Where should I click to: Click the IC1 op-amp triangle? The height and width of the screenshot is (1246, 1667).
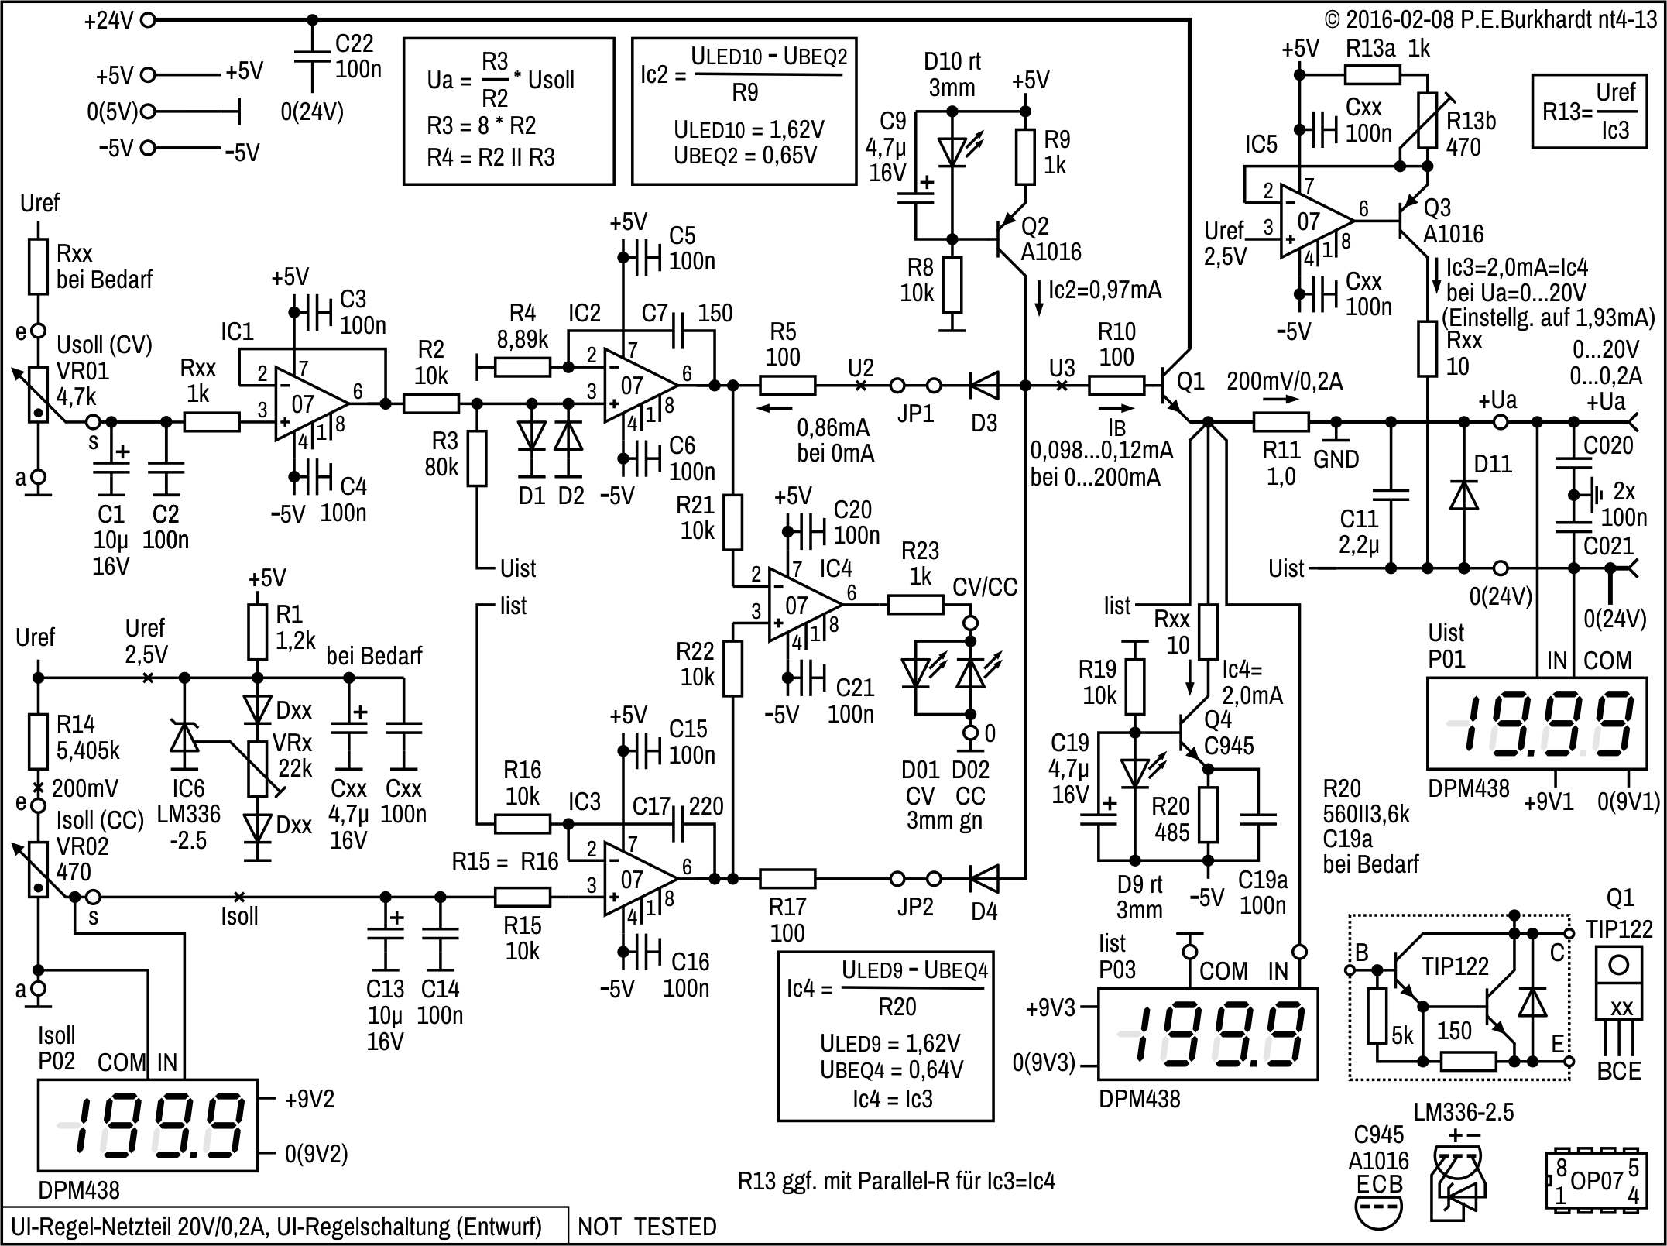(310, 403)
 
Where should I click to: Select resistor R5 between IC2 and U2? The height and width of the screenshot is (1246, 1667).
(787, 385)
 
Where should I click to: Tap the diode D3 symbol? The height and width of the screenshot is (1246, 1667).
(984, 385)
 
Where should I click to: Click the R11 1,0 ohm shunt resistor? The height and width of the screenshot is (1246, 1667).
(1281, 422)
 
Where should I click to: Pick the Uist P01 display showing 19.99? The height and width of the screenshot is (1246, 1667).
(1538, 723)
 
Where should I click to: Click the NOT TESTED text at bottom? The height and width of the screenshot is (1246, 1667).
(647, 1227)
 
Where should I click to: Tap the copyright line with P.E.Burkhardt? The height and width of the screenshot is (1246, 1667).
(1490, 19)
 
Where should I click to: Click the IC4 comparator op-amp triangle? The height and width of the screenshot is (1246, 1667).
(804, 605)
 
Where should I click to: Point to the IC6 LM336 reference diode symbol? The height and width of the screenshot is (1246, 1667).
(184, 738)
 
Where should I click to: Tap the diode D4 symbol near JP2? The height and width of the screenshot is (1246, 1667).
(984, 878)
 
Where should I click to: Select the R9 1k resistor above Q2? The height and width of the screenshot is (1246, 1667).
(1025, 157)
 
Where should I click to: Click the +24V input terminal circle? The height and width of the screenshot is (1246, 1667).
(147, 20)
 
